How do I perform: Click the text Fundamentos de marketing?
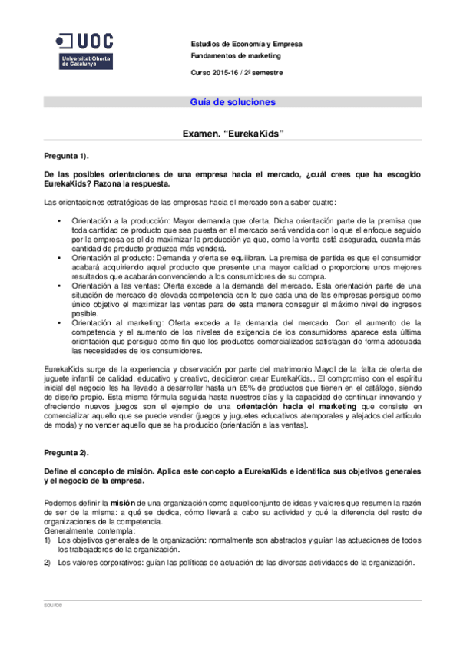[236, 56]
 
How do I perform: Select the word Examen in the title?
[201, 133]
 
